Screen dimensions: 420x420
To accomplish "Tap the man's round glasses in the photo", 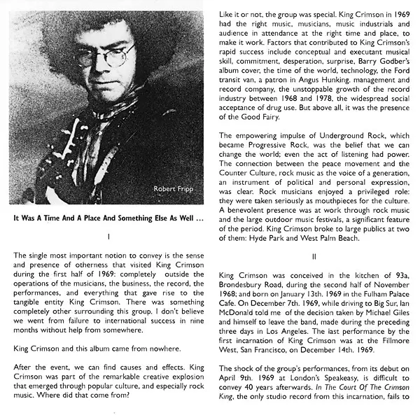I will tap(105, 55).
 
